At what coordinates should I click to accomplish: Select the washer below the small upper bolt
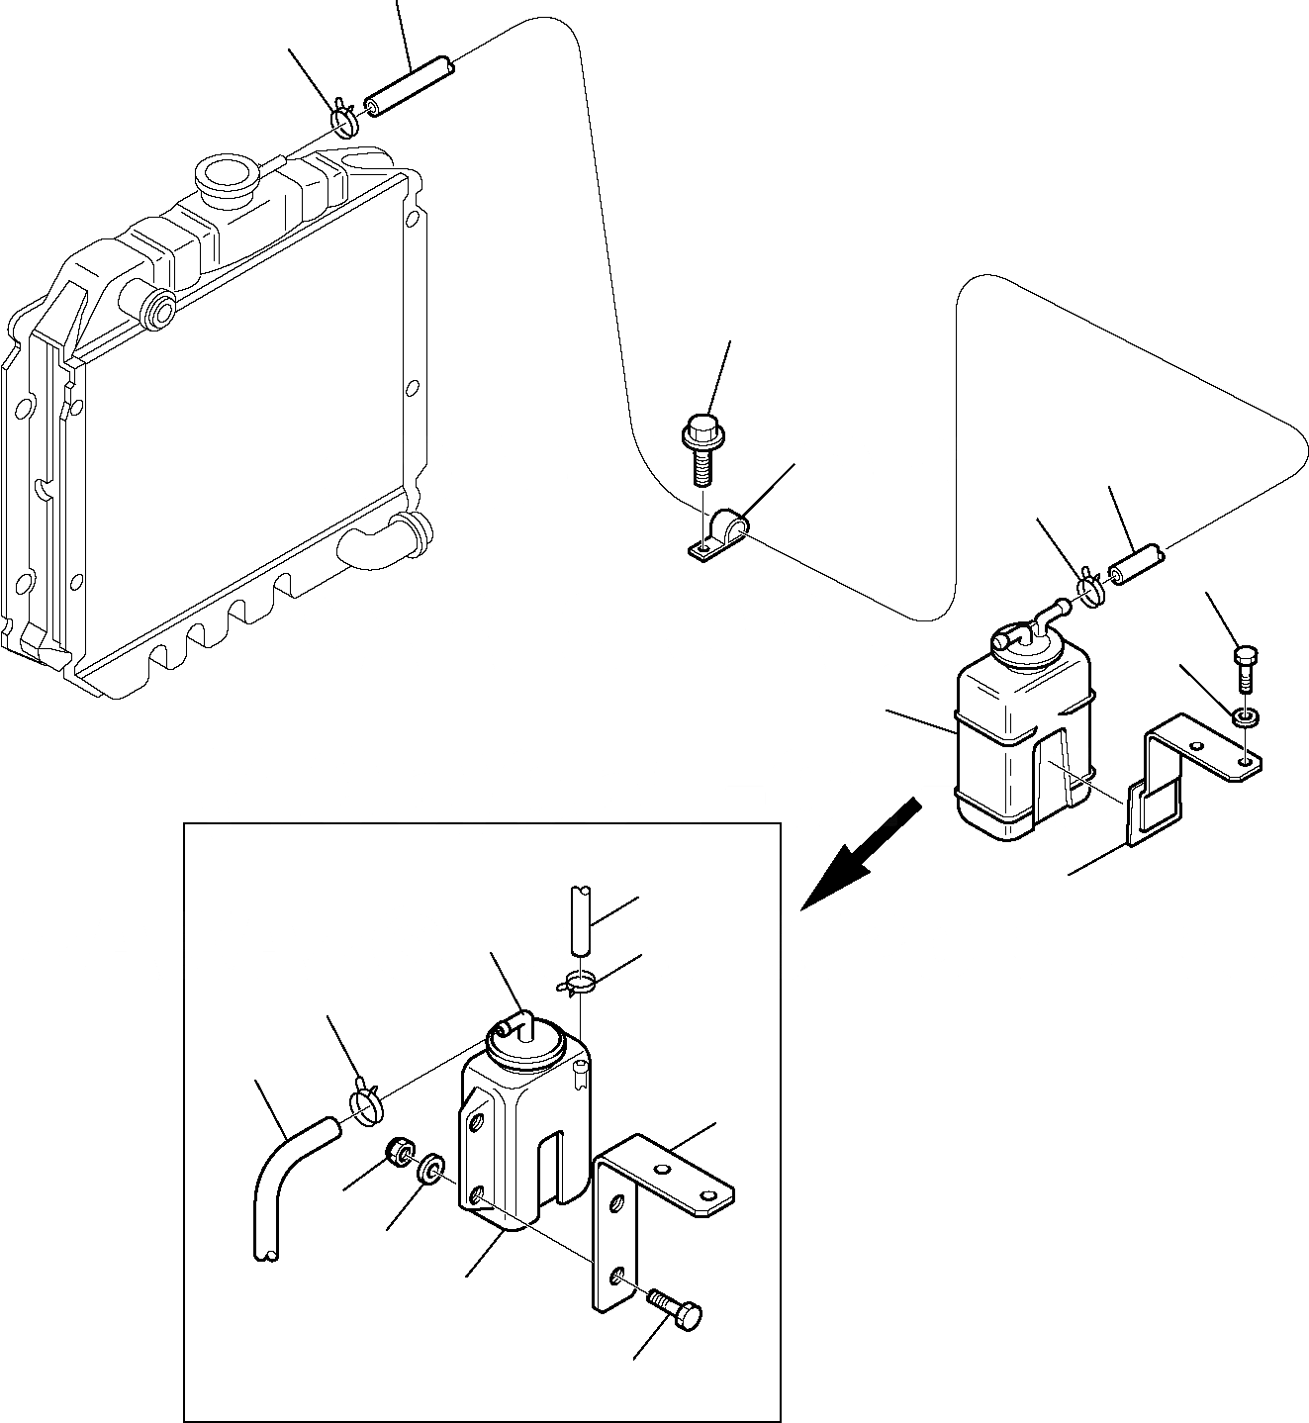1246,713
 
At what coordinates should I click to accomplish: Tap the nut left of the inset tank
399,1152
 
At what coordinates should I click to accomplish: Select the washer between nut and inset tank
431,1169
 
